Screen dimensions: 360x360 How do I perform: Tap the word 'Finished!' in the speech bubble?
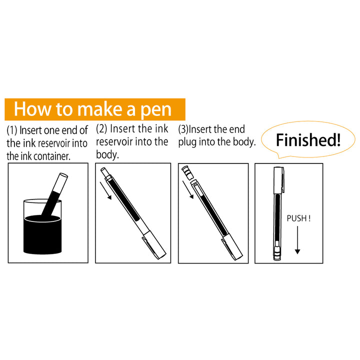[308, 139]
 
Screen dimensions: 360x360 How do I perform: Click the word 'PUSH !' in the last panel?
[298, 218]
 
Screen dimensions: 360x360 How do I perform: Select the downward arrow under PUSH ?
[297, 240]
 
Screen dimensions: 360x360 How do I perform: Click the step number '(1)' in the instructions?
[11, 131]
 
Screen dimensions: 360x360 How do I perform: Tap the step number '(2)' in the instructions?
[101, 129]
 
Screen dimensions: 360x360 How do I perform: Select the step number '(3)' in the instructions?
[183, 129]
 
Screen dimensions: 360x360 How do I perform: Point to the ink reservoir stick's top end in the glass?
[63, 176]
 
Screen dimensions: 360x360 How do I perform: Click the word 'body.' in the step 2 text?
[107, 154]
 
